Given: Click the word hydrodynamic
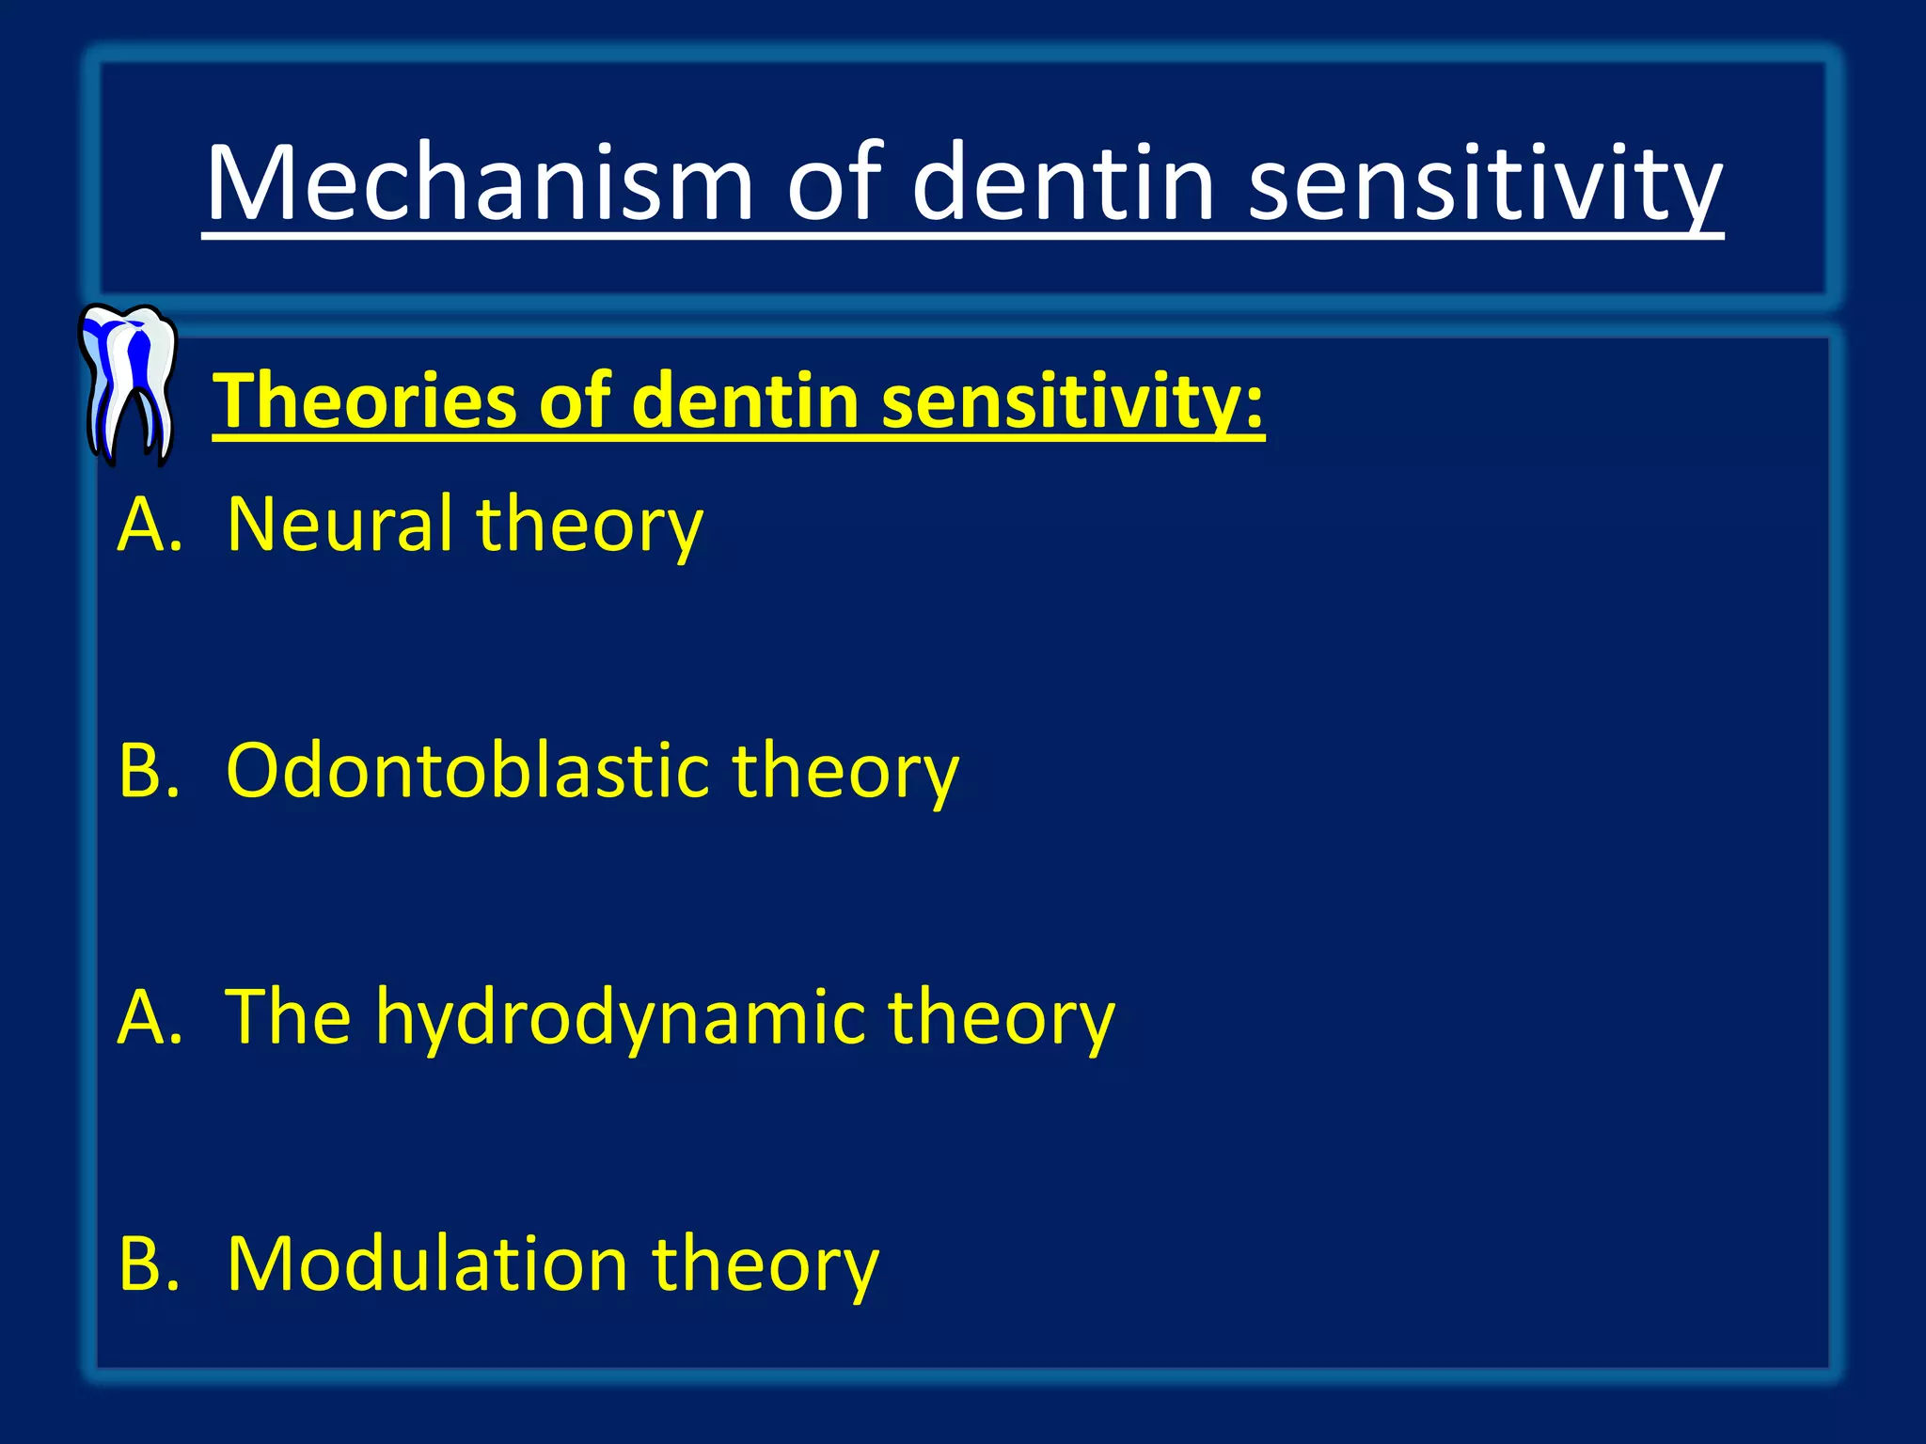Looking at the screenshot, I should pyautogui.click(x=620, y=1017).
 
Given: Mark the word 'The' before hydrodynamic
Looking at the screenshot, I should pyautogui.click(x=288, y=1017).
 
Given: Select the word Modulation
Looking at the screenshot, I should pyautogui.click(x=427, y=1263).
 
